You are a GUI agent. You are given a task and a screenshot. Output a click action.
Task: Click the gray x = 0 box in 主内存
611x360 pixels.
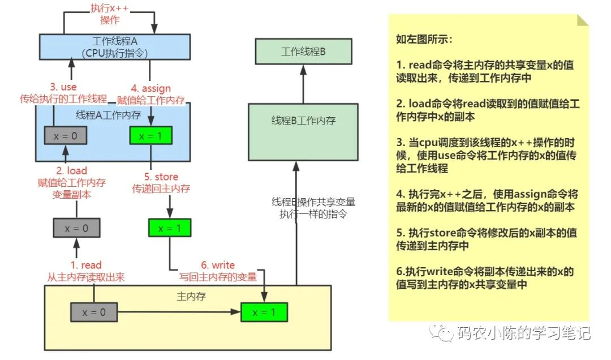click(x=94, y=312)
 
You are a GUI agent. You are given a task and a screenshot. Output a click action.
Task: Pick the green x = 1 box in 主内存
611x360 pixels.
click(x=264, y=312)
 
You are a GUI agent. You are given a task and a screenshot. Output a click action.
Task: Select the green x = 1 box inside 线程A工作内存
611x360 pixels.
click(x=150, y=135)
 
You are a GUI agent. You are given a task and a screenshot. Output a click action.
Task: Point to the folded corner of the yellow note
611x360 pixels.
click(x=582, y=20)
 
